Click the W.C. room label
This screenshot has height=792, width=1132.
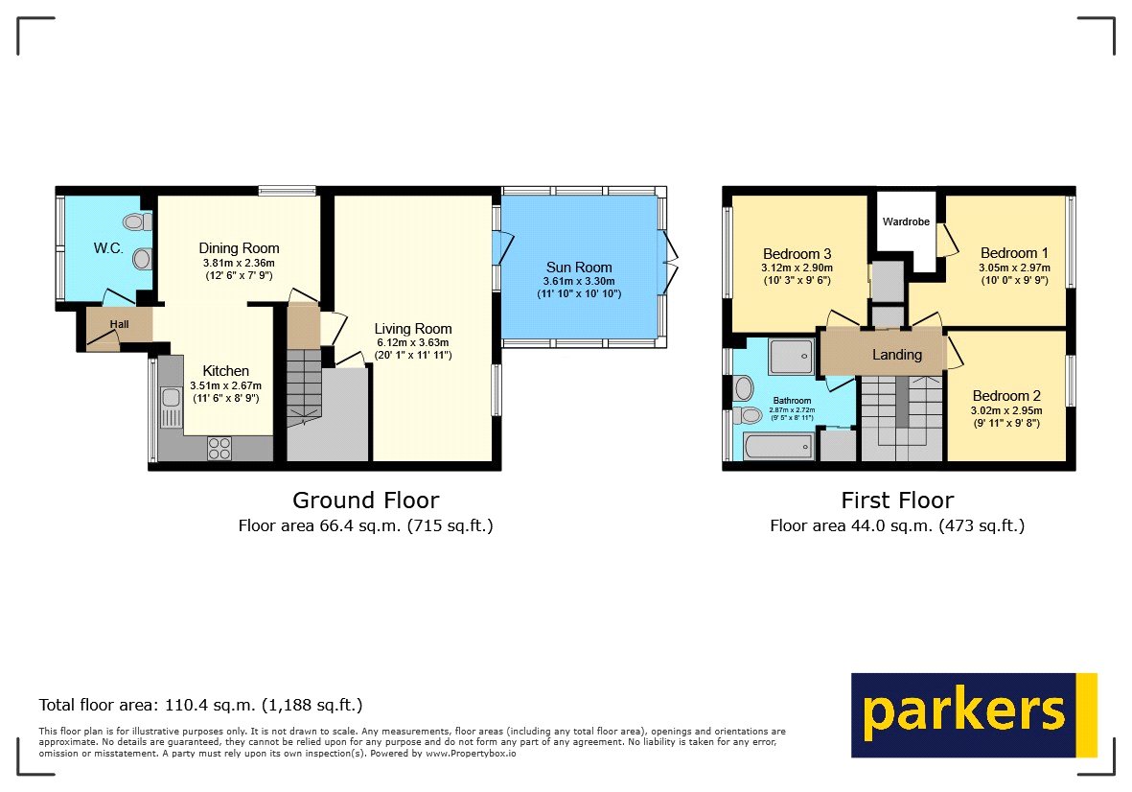108,248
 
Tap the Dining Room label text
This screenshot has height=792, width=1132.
239,248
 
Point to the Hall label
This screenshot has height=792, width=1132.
119,325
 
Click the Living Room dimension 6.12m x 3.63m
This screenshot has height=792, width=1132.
412,342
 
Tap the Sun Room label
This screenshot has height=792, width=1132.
579,268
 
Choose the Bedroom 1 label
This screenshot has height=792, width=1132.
1014,253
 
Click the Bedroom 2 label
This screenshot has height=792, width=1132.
1006,395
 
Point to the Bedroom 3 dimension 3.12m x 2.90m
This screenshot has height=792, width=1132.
797,268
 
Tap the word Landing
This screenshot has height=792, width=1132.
896,355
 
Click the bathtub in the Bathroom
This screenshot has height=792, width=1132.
778,447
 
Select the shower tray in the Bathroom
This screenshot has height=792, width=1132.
792,356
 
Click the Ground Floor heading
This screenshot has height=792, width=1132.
365,500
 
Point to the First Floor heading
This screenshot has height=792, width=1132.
897,500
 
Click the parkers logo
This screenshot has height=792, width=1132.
973,715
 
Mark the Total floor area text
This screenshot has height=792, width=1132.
200,705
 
